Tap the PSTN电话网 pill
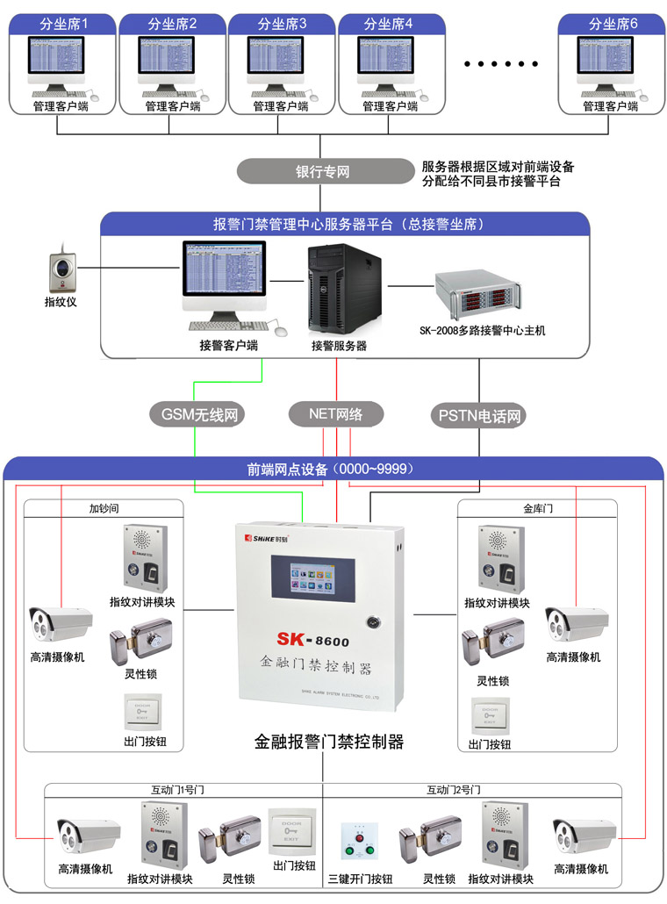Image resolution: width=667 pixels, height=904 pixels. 479,415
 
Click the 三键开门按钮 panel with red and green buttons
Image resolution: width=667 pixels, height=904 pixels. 357,842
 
